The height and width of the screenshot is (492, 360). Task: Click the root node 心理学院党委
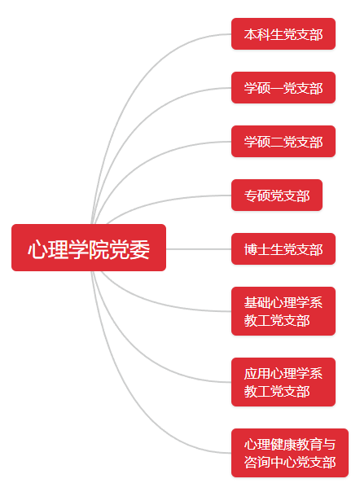[89, 248]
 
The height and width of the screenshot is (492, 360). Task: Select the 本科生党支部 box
[283, 34]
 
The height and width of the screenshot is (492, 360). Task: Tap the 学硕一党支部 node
[283, 87]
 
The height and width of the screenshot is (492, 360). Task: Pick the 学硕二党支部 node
[283, 142]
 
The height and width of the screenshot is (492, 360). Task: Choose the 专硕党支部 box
[277, 195]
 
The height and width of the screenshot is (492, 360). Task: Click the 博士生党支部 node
[283, 248]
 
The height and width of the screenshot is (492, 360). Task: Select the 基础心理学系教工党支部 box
[283, 311]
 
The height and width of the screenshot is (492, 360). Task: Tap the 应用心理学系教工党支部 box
[283, 382]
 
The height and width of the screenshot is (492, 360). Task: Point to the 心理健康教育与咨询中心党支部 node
[290, 453]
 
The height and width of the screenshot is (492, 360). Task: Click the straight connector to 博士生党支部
[199, 249]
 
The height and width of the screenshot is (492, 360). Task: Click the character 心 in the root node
[37, 250]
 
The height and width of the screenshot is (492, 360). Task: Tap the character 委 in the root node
[139, 250]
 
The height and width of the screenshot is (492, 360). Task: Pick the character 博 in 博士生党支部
[251, 249]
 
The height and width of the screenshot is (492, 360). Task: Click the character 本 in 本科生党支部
[251, 34]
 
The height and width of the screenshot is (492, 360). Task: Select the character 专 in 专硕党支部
[251, 195]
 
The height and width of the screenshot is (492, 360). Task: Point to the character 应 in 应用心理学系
[251, 374]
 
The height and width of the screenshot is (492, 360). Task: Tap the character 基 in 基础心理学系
[251, 303]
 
